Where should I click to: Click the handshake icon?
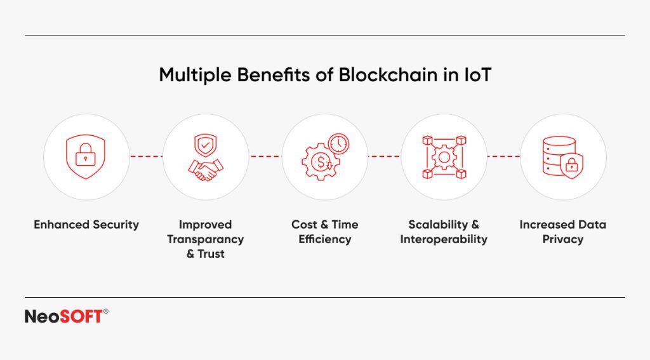206,168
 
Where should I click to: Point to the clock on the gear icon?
338,144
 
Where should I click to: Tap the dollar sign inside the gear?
322,163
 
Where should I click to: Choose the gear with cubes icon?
444,157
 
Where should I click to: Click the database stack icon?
559,156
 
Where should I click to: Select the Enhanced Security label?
86,225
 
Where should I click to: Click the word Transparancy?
206,239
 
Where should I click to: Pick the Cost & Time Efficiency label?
325,232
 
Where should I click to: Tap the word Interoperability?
444,239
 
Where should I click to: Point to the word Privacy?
563,239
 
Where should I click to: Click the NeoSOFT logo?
63,316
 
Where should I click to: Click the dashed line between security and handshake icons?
146,156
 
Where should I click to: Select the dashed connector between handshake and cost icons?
265,156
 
